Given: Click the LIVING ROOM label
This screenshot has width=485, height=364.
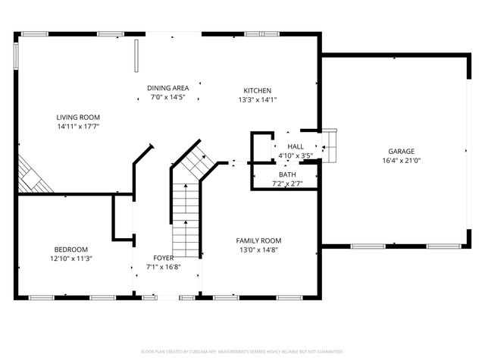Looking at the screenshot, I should (78, 117).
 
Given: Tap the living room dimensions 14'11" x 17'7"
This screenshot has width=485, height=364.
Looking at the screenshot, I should (78, 127).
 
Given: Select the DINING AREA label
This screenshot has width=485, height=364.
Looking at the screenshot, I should (168, 88).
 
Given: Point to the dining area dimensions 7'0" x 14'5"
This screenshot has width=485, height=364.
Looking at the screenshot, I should (168, 98).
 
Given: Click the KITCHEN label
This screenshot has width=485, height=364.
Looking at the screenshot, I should (258, 90).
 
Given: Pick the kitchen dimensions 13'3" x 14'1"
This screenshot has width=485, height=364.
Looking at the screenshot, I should (258, 99).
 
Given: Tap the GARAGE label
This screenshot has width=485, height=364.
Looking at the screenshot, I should (402, 151).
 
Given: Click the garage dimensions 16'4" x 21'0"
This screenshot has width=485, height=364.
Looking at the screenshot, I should (402, 160).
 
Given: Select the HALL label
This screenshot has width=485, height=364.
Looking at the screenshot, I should (296, 146).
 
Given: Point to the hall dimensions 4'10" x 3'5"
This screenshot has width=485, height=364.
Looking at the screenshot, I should (296, 155).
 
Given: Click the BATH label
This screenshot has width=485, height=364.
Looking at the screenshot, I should (286, 174).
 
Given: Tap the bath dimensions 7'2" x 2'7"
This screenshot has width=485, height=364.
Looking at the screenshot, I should (286, 184).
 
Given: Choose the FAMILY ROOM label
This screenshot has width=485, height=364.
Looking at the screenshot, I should (259, 240).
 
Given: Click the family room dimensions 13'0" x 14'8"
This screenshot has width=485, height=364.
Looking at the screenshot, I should (259, 249).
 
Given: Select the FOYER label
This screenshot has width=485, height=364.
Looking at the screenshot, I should (164, 258).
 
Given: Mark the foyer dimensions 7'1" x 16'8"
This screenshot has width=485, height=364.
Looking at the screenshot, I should (164, 267).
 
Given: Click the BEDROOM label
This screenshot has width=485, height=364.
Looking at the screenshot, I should (70, 249).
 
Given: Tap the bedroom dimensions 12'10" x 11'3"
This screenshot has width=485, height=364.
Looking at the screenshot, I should (70, 259).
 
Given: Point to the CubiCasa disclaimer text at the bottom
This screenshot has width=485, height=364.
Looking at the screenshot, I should (242, 352).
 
